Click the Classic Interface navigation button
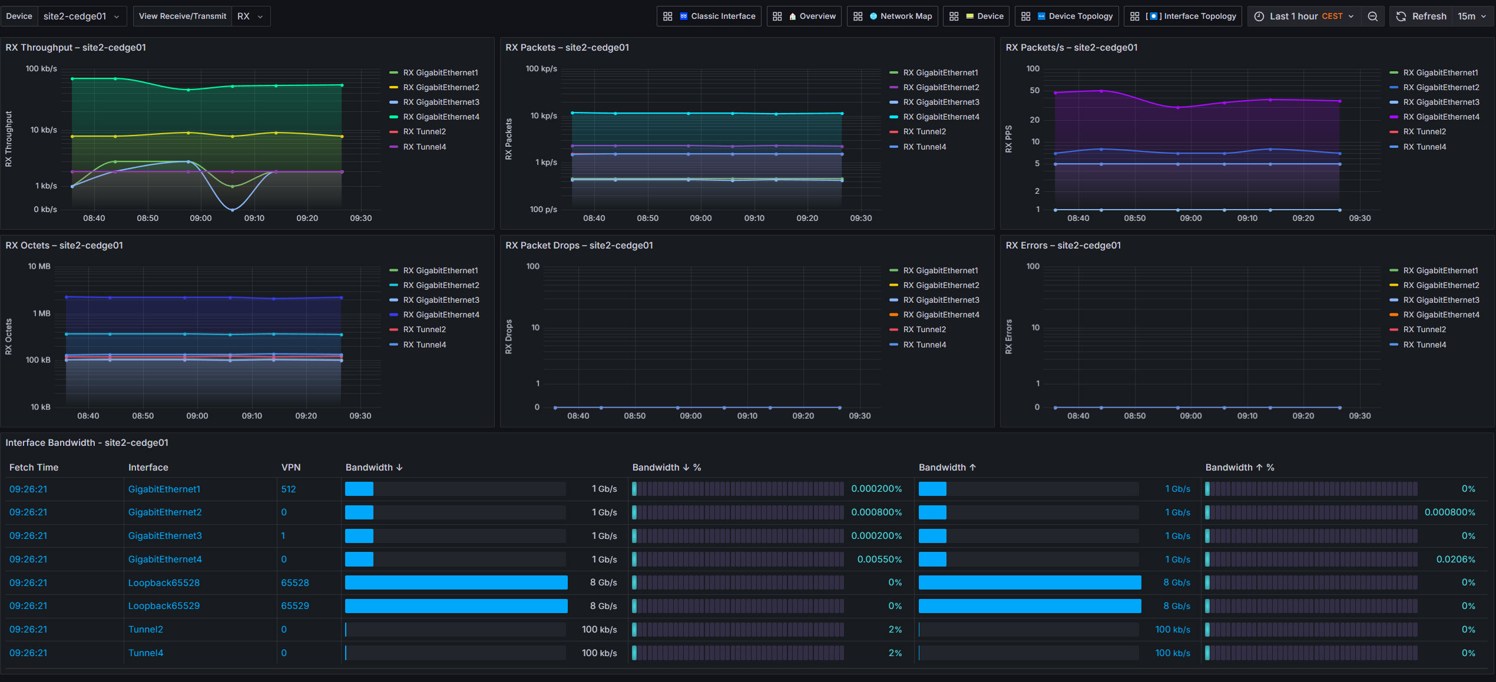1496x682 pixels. click(709, 16)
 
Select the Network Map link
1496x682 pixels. click(892, 16)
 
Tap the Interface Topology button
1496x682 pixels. click(1183, 16)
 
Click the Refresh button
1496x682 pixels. click(1421, 16)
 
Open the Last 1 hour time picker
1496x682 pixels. click(1305, 16)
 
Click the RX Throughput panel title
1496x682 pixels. click(76, 48)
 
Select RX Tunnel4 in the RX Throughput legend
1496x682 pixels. click(424, 147)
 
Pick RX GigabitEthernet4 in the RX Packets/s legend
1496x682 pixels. click(1441, 117)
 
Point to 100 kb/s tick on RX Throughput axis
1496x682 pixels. click(41, 69)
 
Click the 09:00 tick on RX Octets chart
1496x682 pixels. click(197, 416)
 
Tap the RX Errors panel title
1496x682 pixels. click(1063, 246)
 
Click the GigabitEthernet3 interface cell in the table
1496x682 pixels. click(165, 536)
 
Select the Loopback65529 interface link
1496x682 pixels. click(164, 606)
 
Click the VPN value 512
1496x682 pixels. click(289, 489)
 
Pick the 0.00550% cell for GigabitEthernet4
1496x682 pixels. click(879, 559)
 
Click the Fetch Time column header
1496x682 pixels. click(34, 468)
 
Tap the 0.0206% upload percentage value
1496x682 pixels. click(1455, 559)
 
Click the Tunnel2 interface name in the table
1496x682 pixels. click(145, 630)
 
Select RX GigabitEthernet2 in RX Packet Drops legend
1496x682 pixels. click(941, 285)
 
